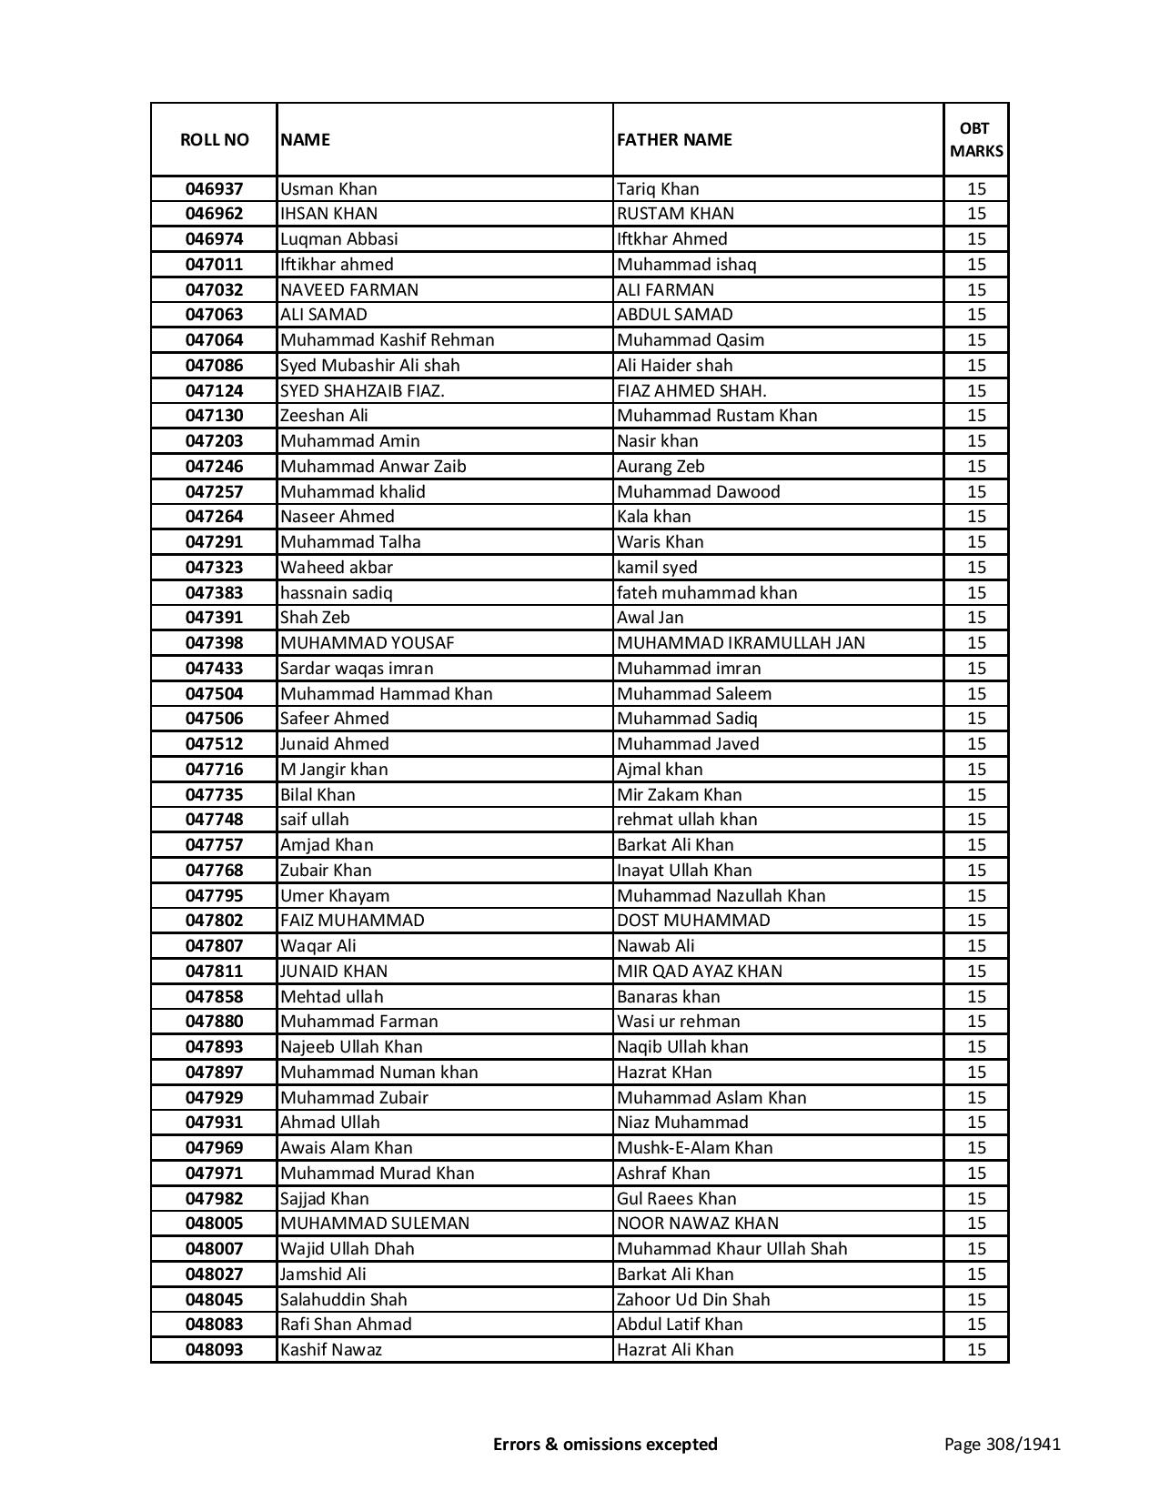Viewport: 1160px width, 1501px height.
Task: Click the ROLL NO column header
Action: (x=214, y=139)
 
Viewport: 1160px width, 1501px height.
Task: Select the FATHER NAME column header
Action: (x=674, y=139)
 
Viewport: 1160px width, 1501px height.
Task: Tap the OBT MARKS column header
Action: (x=976, y=139)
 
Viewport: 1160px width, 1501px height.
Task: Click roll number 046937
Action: (x=214, y=189)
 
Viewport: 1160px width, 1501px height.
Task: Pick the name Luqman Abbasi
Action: (x=338, y=239)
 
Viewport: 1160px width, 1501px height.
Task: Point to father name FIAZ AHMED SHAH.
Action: (x=691, y=390)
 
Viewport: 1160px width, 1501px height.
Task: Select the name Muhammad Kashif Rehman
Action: (x=387, y=340)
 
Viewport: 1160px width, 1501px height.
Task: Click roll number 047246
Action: (x=214, y=467)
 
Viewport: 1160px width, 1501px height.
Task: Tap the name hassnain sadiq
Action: (x=336, y=593)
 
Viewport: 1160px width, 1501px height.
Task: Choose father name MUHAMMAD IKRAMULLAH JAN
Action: (x=741, y=643)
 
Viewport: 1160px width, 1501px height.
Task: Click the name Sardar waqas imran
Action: (x=357, y=669)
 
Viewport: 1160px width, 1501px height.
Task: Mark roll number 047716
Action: (x=214, y=770)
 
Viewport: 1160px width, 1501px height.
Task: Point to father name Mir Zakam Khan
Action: (x=679, y=795)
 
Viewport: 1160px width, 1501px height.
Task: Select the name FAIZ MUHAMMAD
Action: (x=352, y=921)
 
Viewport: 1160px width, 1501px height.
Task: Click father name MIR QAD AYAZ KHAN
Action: (x=699, y=972)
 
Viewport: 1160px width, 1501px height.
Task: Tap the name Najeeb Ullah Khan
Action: (x=351, y=1047)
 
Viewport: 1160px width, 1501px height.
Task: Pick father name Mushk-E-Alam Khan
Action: (x=694, y=1148)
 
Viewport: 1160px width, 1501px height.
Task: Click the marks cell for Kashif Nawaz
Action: (x=976, y=1350)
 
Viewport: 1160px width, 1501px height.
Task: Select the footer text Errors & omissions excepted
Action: (x=605, y=1444)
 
